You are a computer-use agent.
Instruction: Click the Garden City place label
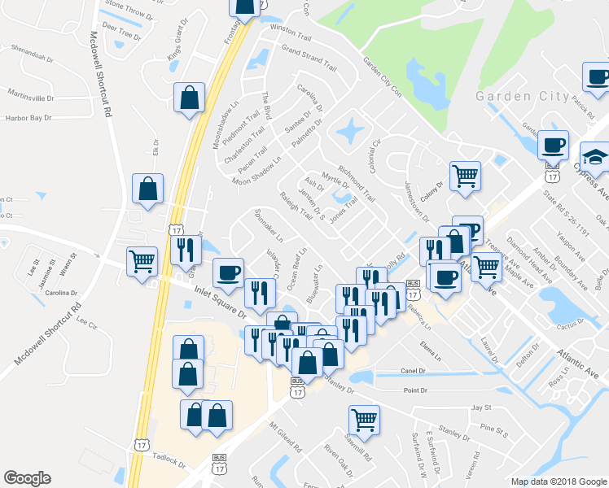[522, 96]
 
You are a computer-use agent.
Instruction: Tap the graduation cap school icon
[594, 156]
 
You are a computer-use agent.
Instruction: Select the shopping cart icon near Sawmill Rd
[363, 420]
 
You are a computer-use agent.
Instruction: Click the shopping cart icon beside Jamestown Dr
[465, 175]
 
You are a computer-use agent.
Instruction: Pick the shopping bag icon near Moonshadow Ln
[189, 98]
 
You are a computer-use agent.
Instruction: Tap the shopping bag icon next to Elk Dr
[151, 189]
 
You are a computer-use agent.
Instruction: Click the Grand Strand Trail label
[309, 56]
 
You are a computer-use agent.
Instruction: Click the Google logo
[27, 478]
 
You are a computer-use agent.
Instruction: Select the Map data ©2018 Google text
[557, 481]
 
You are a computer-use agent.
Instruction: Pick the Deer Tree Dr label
[116, 27]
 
